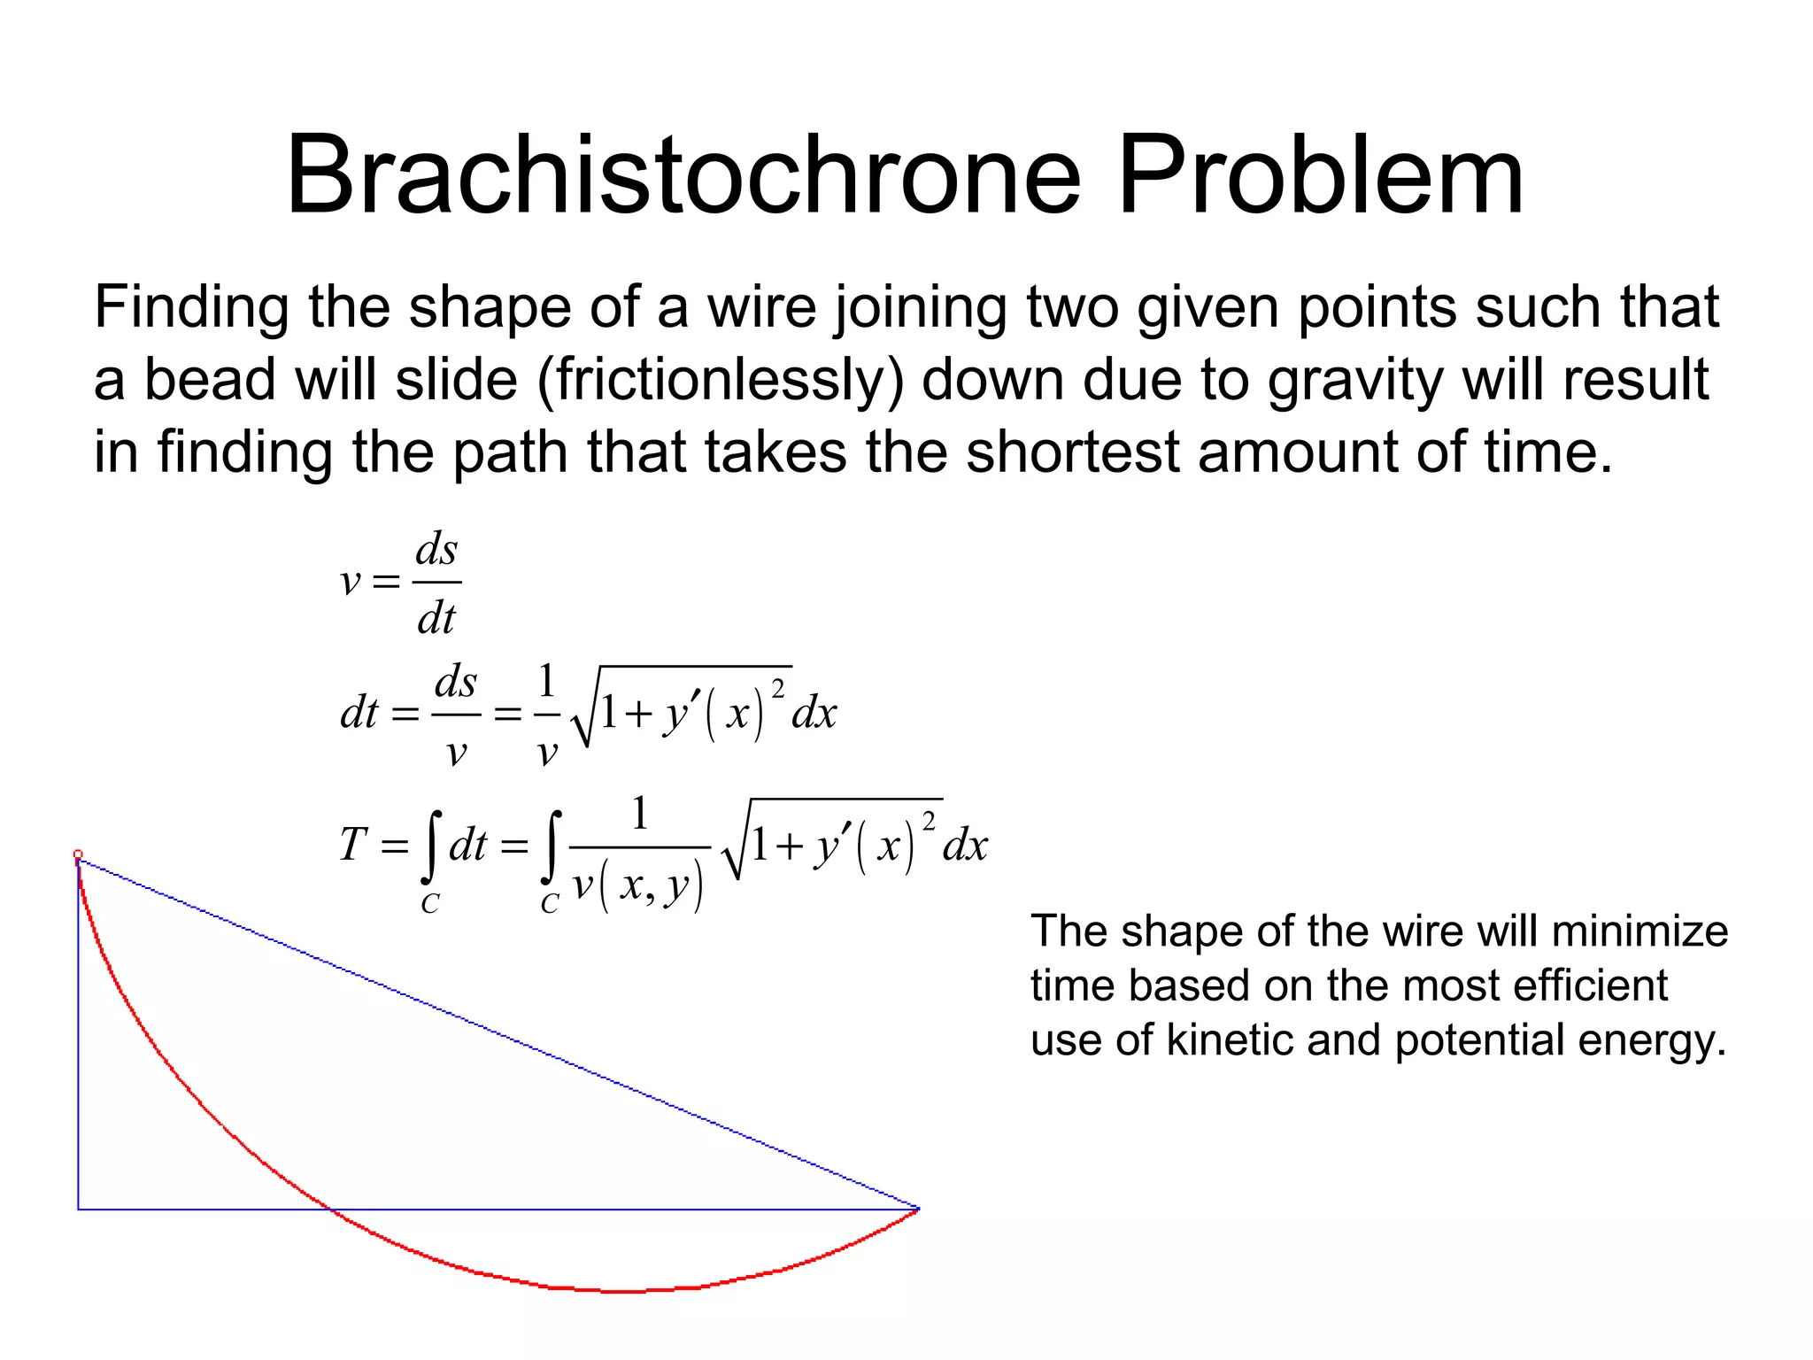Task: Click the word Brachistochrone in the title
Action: pos(683,174)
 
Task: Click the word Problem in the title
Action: pos(1320,174)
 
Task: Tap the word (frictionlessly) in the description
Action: pos(721,380)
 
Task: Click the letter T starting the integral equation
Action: pos(352,844)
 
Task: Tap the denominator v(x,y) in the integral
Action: pos(637,885)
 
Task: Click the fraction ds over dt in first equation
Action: pos(436,583)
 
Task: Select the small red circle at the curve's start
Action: pos(78,854)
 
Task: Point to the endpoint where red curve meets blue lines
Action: pos(918,1209)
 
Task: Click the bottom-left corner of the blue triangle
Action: pos(79,1209)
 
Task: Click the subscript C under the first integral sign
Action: pos(429,904)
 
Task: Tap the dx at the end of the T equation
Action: pos(965,846)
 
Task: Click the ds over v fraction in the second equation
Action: pos(456,715)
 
